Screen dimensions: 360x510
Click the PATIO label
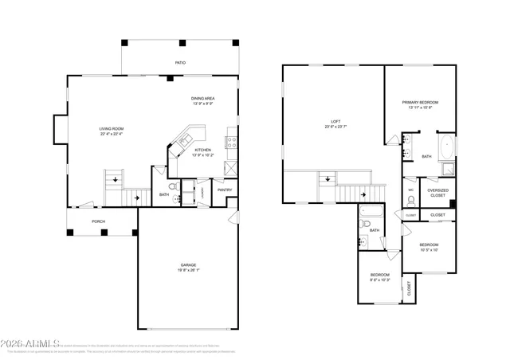point(181,61)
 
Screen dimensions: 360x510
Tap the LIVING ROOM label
point(112,128)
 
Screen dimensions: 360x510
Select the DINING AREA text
point(203,98)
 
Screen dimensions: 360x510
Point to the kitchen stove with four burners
point(231,143)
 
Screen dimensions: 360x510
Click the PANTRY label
point(225,190)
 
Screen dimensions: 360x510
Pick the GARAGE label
point(188,265)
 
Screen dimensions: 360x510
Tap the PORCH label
point(98,221)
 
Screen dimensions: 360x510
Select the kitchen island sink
point(182,143)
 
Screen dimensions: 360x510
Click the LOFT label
point(325,121)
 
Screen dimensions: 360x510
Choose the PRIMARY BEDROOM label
point(419,103)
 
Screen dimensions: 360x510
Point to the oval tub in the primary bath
point(446,147)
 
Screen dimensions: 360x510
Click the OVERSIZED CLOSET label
point(438,193)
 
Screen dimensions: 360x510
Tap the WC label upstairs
point(411,190)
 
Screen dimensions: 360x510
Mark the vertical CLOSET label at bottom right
point(410,288)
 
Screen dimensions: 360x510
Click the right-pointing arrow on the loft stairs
point(363,193)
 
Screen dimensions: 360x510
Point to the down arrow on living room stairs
point(117,180)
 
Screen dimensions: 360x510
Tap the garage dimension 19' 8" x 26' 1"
point(188,271)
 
